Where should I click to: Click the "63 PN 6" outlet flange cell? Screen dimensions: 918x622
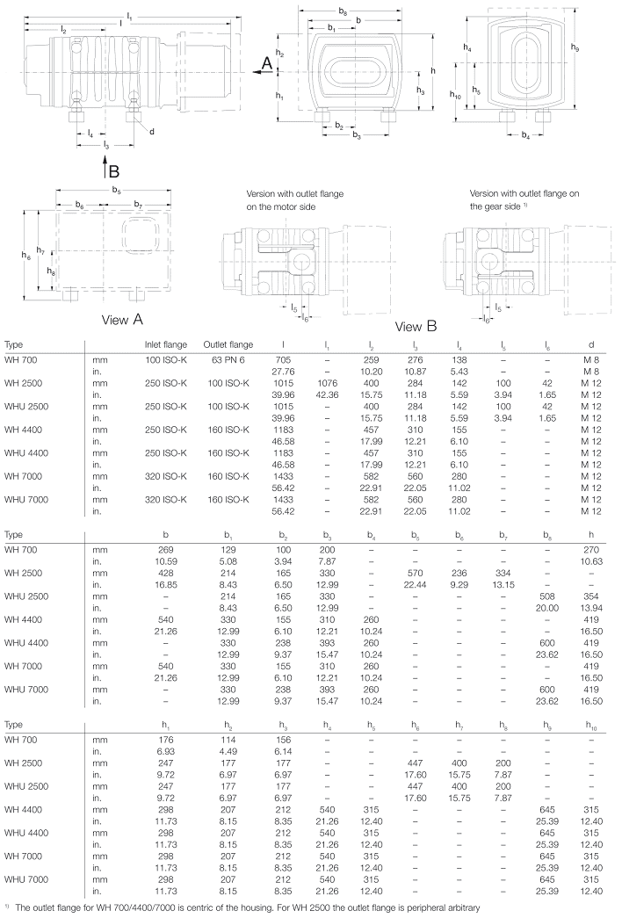click(228, 359)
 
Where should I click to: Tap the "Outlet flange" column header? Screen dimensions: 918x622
click(228, 343)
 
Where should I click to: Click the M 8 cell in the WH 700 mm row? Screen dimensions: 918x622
click(589, 359)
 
